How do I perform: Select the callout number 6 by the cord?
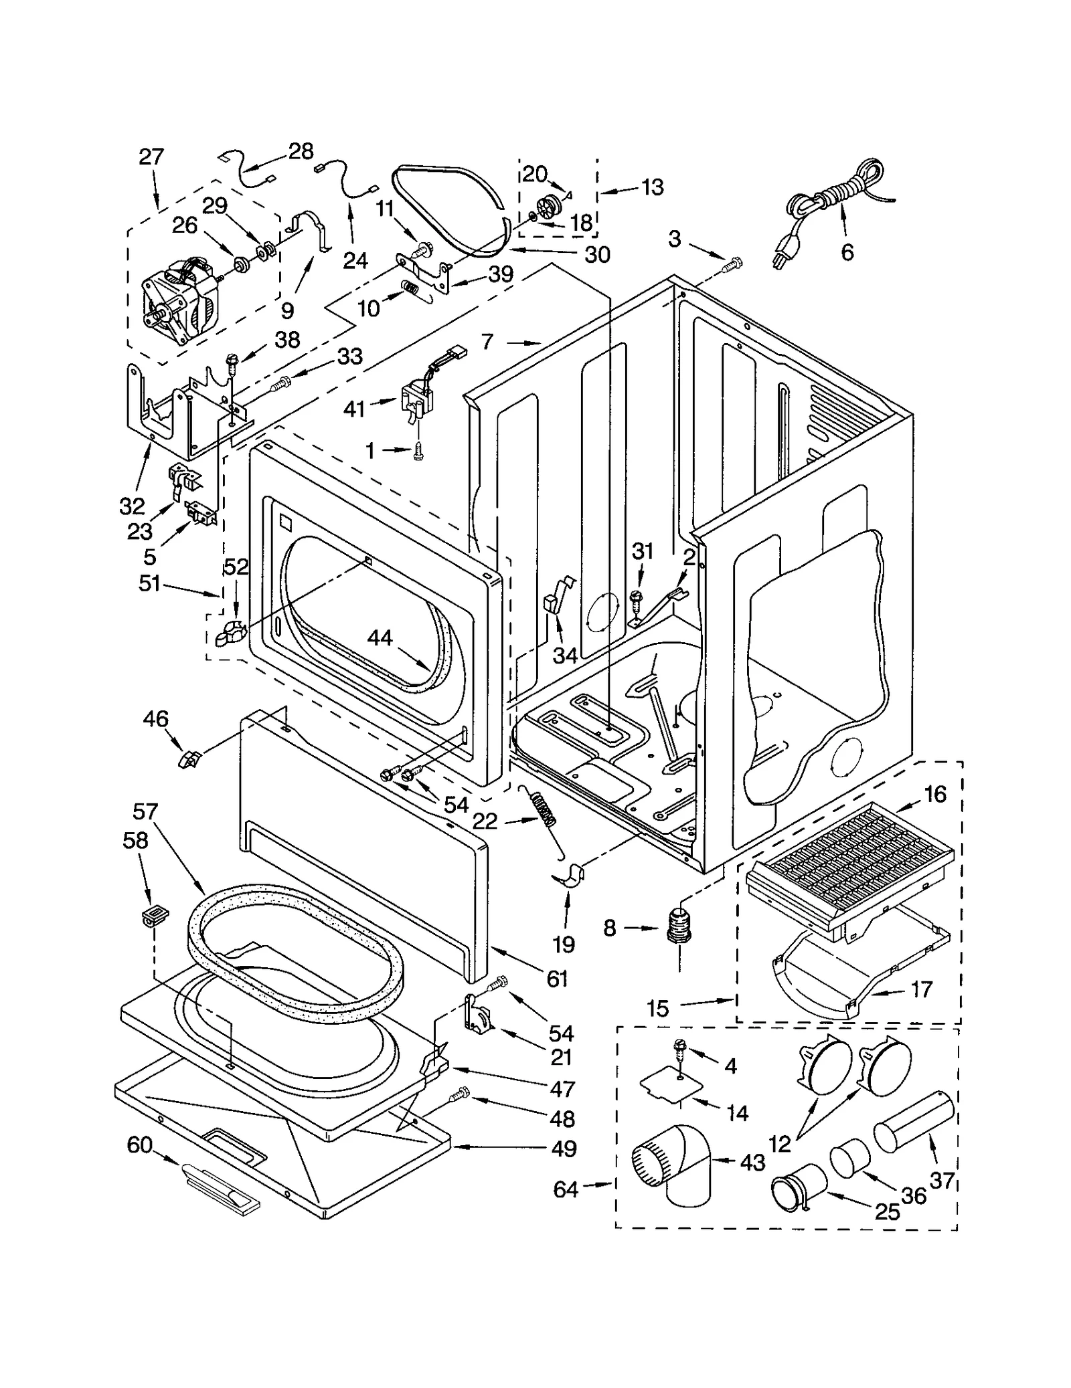pyautogui.click(x=847, y=252)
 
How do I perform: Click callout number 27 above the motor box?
pyautogui.click(x=151, y=157)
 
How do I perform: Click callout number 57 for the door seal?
pyautogui.click(x=145, y=811)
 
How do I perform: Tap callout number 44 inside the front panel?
pyautogui.click(x=380, y=638)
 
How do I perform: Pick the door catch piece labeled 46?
pyautogui.click(x=189, y=759)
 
